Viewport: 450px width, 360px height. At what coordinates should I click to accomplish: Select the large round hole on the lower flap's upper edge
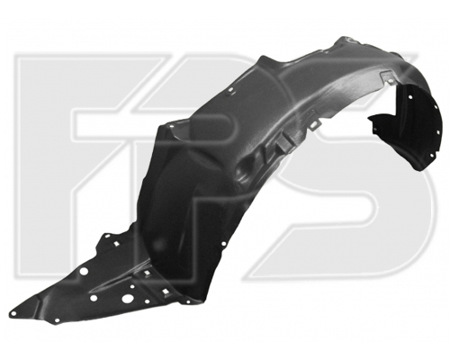pos(85,272)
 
